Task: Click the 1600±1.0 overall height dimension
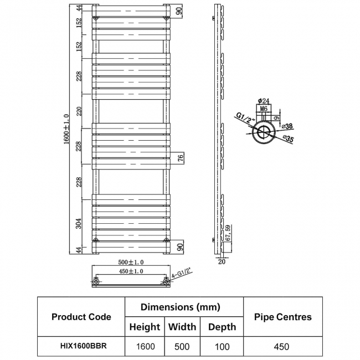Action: coord(66,129)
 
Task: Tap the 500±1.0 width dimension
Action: coord(131,262)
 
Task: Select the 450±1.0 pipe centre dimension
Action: coord(131,271)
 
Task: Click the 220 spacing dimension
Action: coord(79,111)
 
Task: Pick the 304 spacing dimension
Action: coord(79,223)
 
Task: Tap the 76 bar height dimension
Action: coord(181,158)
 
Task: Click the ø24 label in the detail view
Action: coord(263,101)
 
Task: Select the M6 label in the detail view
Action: coord(264,109)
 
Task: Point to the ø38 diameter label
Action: coord(287,126)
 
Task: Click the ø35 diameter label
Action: coord(288,138)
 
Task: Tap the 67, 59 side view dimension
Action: coord(228,233)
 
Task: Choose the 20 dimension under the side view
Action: coord(222,261)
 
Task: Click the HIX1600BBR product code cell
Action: coord(84,346)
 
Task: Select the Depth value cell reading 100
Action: coord(222,347)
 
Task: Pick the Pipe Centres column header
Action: coord(283,317)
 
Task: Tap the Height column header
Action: coord(145,327)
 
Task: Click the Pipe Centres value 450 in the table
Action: coord(281,347)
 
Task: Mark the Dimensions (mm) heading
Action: coord(181,307)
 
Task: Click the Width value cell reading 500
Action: coord(182,347)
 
